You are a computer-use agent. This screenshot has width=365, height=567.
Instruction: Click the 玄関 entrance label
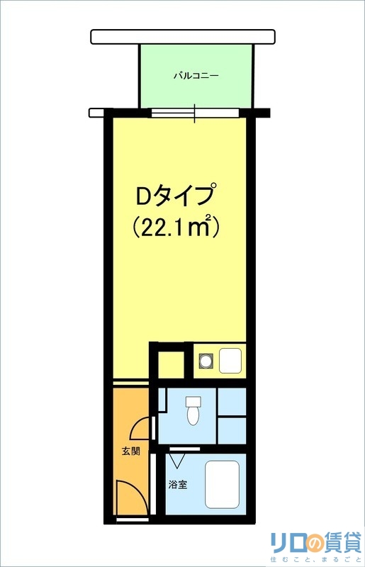point(129,450)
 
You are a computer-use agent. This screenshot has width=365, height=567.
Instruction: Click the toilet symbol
point(193,414)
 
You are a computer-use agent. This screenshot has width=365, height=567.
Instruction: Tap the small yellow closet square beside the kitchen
point(170,364)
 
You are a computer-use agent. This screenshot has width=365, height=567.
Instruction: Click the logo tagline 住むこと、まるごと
point(316,561)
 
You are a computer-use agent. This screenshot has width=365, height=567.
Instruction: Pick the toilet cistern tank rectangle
point(193,402)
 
